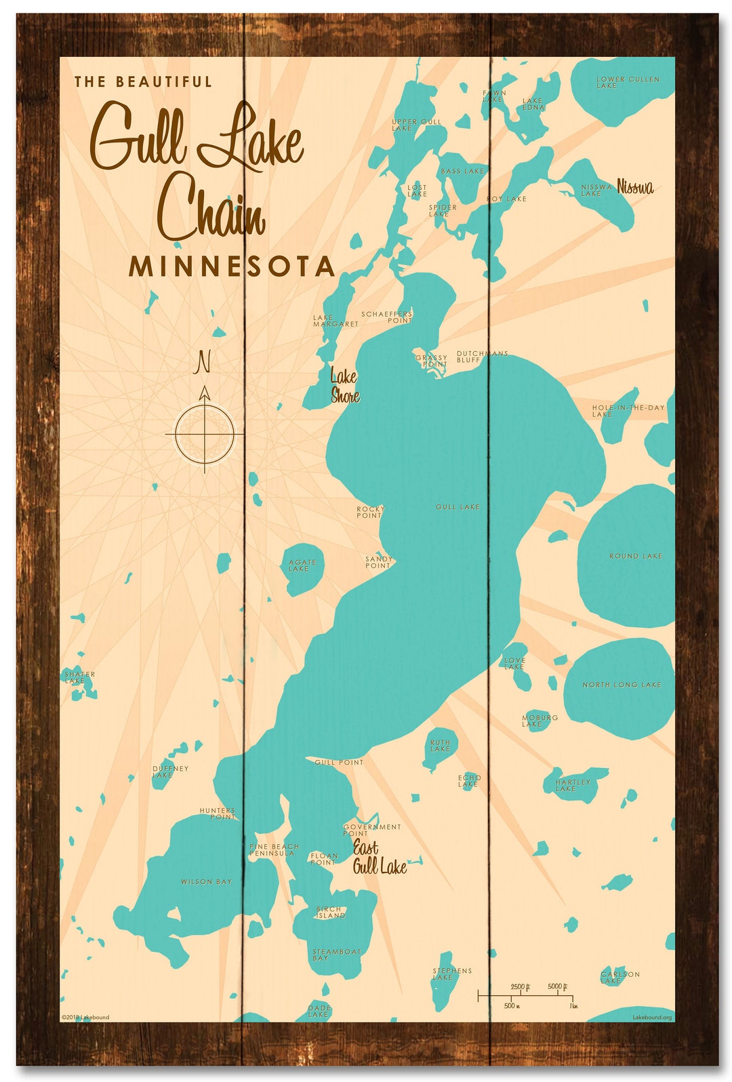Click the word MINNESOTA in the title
pyautogui.click(x=232, y=266)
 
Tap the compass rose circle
pyautogui.click(x=204, y=434)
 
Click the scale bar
pyautogui.click(x=525, y=995)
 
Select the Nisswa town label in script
pyautogui.click(x=635, y=187)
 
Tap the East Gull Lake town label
pyautogui.click(x=378, y=858)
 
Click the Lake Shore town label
pyautogui.click(x=344, y=386)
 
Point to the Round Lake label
pyautogui.click(x=636, y=556)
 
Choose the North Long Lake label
pyautogui.click(x=622, y=685)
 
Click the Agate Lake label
pyautogui.click(x=302, y=565)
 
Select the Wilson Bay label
pyautogui.click(x=206, y=882)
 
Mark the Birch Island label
pyautogui.click(x=330, y=912)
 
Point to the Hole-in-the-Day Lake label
pyautogui.click(x=628, y=411)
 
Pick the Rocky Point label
pyautogui.click(x=370, y=512)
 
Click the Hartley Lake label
pyautogui.click(x=573, y=785)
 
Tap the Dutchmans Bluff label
pyautogui.click(x=482, y=357)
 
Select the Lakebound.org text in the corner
pyautogui.click(x=652, y=1017)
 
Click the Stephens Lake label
pyautogui.click(x=452, y=974)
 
